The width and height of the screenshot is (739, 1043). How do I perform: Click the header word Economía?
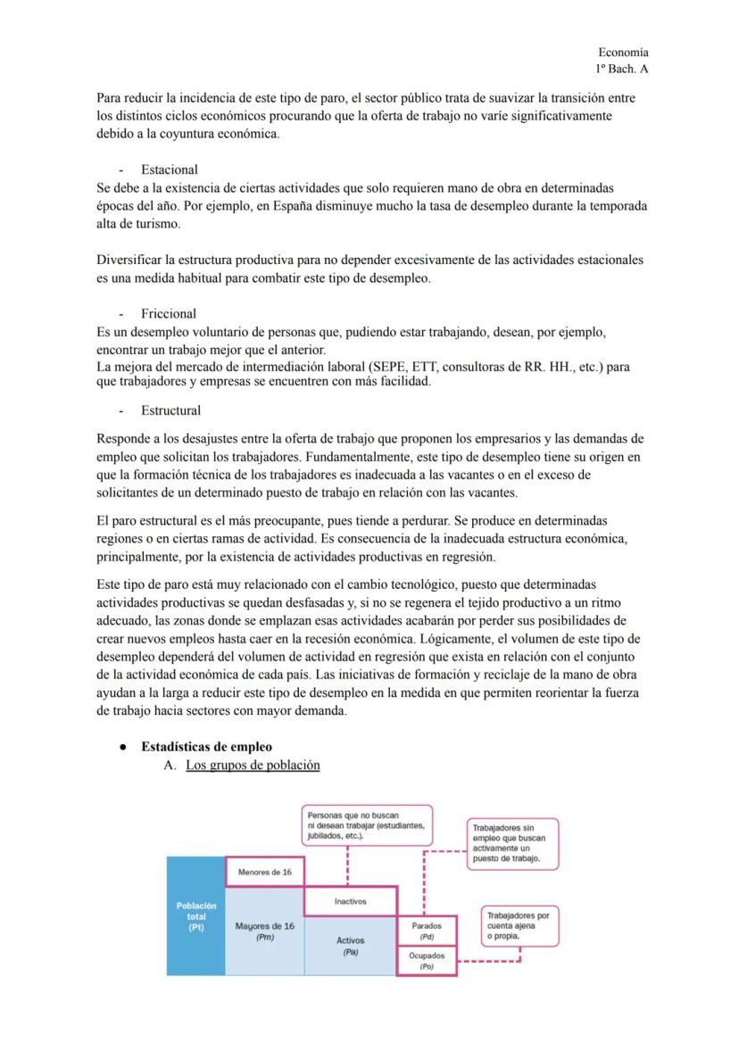(623, 53)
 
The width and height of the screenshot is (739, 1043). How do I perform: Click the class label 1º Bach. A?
(622, 69)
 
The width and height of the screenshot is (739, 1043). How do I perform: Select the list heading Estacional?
(169, 170)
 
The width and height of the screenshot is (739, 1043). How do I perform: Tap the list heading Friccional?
(169, 314)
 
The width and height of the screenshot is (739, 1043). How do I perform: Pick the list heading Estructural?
(170, 410)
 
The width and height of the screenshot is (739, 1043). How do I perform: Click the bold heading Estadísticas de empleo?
(206, 747)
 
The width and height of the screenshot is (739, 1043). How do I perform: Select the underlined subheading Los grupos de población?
(253, 765)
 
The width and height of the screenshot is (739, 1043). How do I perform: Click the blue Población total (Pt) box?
(196, 916)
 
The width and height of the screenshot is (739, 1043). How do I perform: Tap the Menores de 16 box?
(265, 872)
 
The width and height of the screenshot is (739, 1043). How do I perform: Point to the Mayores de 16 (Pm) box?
(265, 931)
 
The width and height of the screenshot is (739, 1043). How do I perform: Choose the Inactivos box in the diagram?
(350, 901)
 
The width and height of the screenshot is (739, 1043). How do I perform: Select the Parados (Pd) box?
(427, 931)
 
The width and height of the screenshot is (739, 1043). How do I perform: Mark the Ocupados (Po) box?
(427, 960)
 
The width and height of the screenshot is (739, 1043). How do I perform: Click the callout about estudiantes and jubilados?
(367, 825)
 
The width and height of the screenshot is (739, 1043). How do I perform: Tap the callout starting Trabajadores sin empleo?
(512, 843)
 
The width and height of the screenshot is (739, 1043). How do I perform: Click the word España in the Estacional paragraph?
(293, 205)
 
